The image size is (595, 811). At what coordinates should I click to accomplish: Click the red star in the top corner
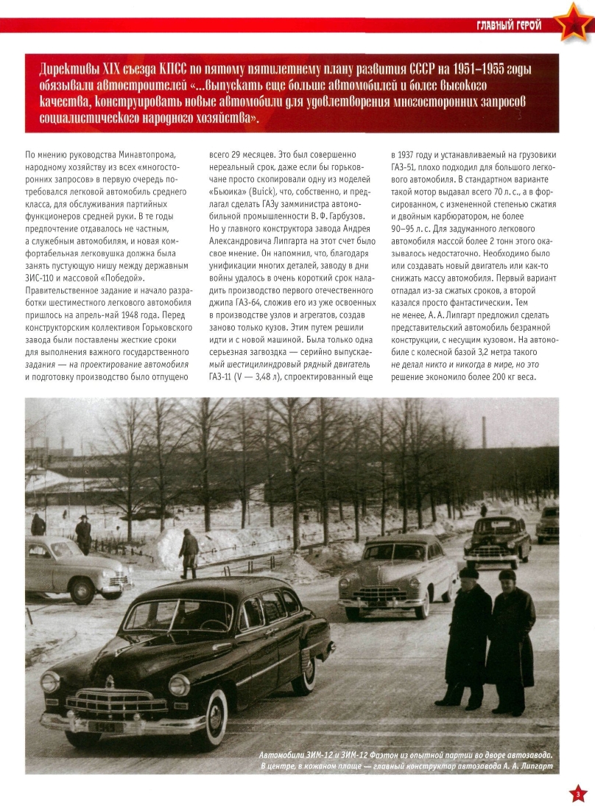coord(574,24)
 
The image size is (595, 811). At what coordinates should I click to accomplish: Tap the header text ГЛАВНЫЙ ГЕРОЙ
coord(508,26)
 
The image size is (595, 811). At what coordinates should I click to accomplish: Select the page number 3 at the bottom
coord(578,793)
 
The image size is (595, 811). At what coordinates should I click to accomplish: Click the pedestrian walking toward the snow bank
coord(189,552)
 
